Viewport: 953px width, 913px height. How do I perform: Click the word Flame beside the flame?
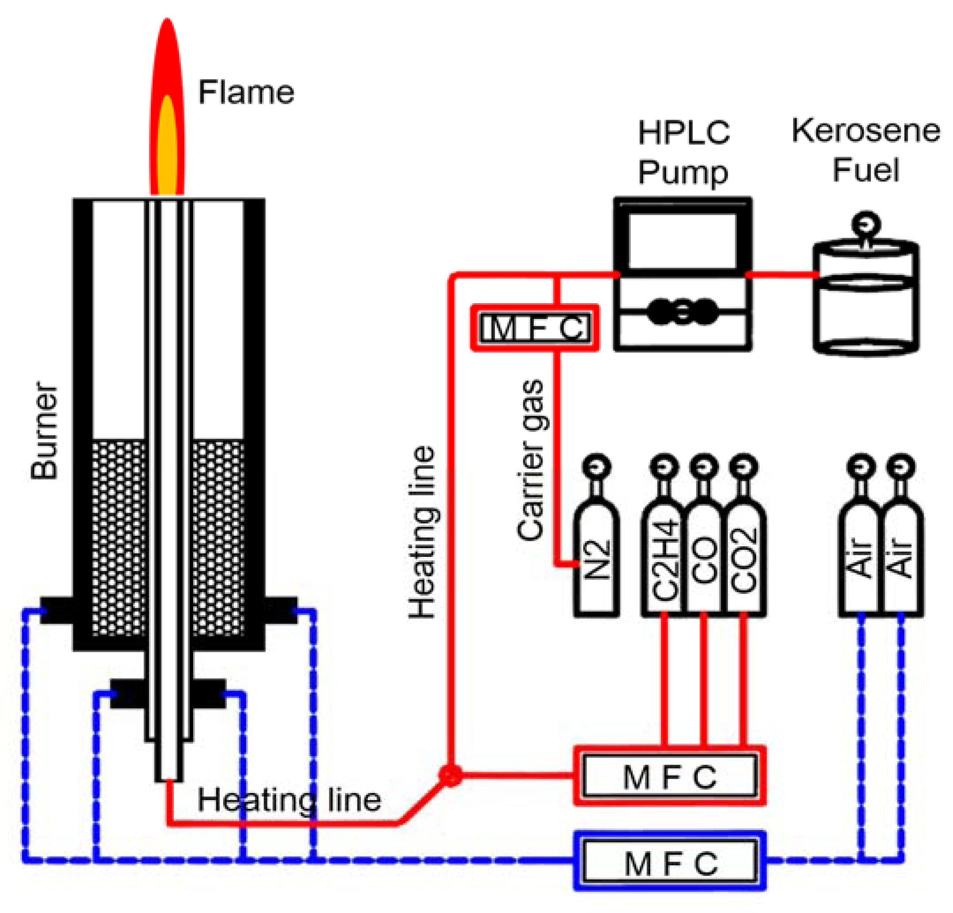click(246, 92)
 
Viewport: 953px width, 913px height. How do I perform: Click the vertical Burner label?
click(45, 431)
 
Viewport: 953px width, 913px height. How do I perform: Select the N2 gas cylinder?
click(597, 560)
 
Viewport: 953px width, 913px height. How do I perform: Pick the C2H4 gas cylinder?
click(664, 560)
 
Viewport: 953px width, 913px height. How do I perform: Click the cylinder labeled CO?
click(704, 560)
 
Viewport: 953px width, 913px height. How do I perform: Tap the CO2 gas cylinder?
click(744, 560)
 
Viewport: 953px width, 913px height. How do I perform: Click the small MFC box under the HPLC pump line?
click(534, 328)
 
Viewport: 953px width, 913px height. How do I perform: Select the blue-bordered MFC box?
click(670, 864)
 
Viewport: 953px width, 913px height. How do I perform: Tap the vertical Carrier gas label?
click(530, 460)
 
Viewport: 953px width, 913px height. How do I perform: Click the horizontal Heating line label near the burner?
click(289, 800)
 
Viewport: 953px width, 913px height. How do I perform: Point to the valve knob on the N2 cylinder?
click(597, 467)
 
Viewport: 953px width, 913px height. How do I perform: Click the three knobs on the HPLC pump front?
click(683, 311)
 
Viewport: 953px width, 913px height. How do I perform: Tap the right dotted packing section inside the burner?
click(218, 537)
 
